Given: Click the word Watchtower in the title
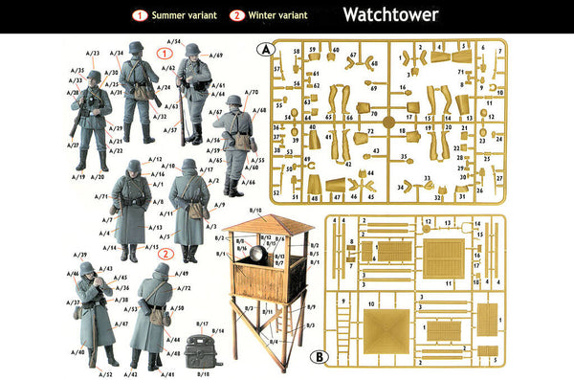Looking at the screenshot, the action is click(390, 14).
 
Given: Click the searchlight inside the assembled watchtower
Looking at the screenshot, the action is click(258, 255).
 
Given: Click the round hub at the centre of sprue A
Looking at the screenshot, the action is click(387, 122).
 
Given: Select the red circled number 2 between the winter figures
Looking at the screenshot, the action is click(165, 255).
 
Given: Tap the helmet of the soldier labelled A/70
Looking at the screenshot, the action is click(233, 101).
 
